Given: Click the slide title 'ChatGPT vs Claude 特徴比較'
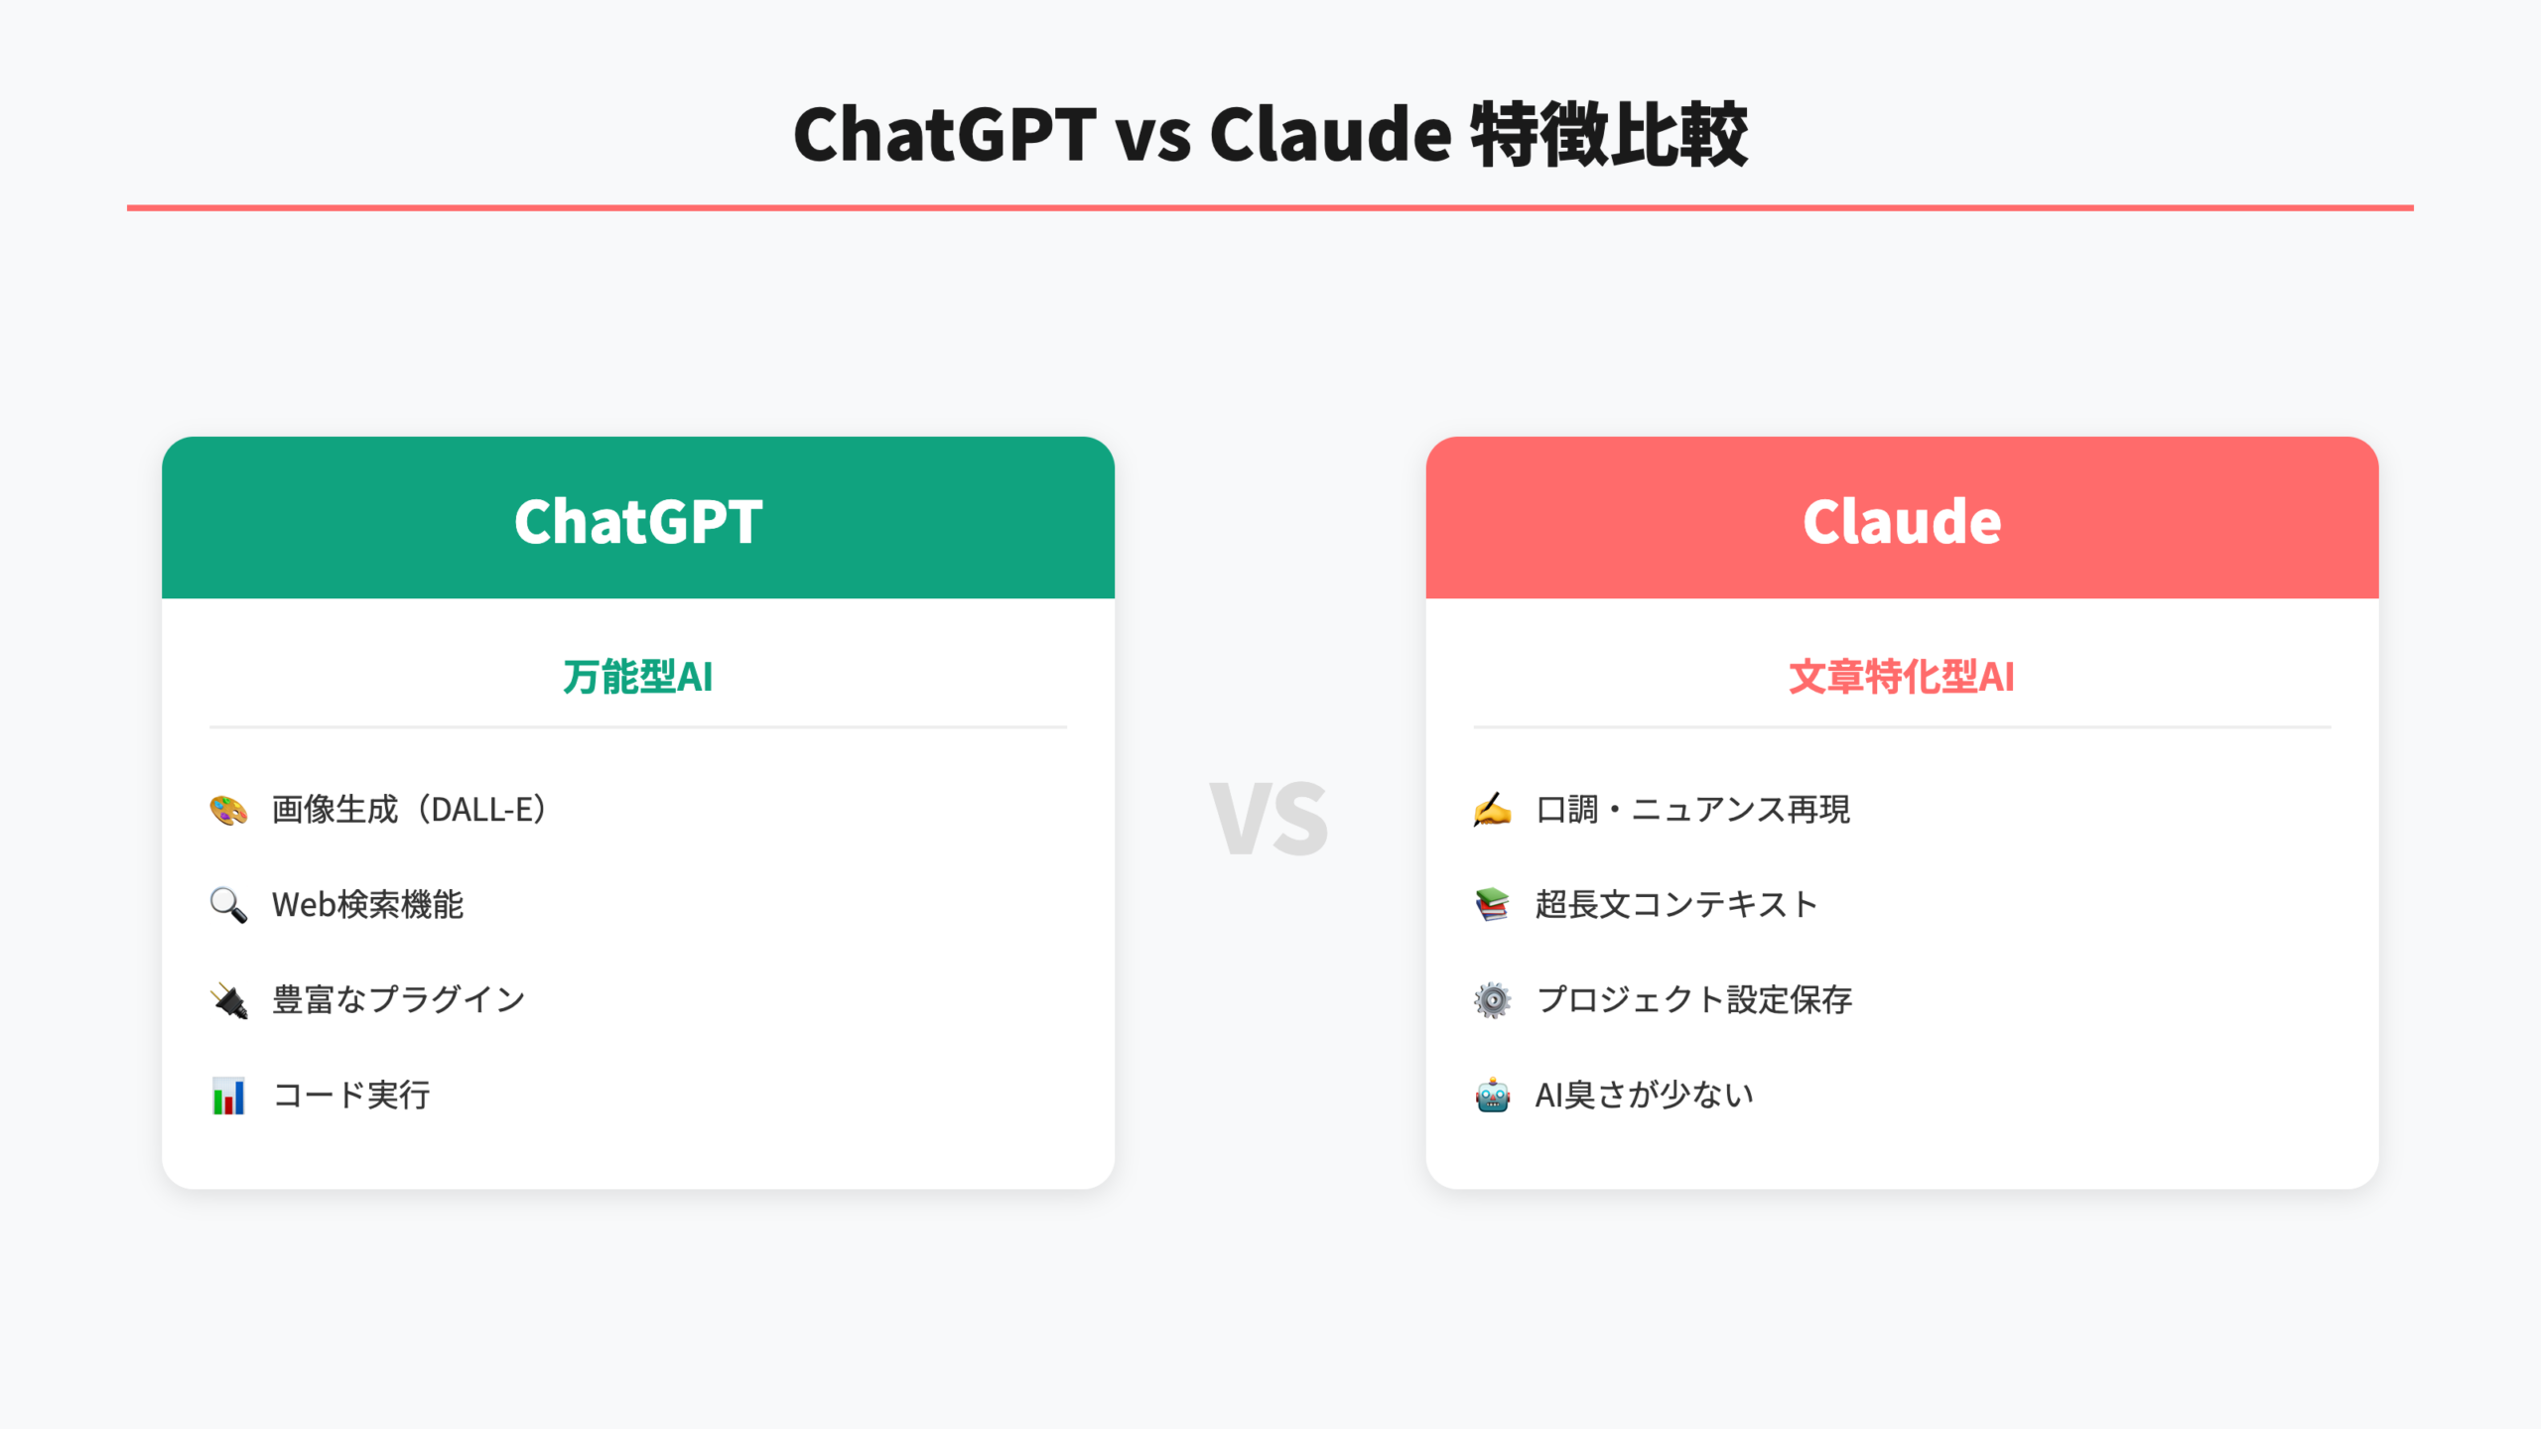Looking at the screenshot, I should [x=1270, y=134].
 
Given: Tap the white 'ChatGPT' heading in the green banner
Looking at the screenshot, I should [x=638, y=521].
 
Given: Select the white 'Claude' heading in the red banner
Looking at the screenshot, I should [x=1902, y=521].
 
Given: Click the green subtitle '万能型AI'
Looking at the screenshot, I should [x=638, y=677].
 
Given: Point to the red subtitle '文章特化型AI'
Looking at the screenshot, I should [x=1902, y=677].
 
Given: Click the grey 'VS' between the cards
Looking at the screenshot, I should [x=1270, y=819].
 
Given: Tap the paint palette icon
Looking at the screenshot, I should [x=228, y=810].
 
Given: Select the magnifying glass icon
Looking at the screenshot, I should [x=228, y=905].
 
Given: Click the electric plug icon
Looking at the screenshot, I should [x=228, y=1000].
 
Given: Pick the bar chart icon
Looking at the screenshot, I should [x=228, y=1096].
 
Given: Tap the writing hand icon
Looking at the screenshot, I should [x=1492, y=810].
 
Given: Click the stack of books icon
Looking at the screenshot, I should [x=1492, y=905].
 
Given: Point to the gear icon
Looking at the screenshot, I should [x=1492, y=1000].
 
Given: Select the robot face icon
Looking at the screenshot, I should [x=1492, y=1096].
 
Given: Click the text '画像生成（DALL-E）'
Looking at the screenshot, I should [x=410, y=810].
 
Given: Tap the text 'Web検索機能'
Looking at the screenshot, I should [x=368, y=905].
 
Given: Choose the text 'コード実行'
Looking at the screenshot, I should [x=351, y=1096].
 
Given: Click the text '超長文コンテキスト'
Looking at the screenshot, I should [x=1676, y=905].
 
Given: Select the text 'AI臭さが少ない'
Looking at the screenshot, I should [x=1645, y=1096].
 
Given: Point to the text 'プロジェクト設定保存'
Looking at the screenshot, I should [x=1694, y=1000].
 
